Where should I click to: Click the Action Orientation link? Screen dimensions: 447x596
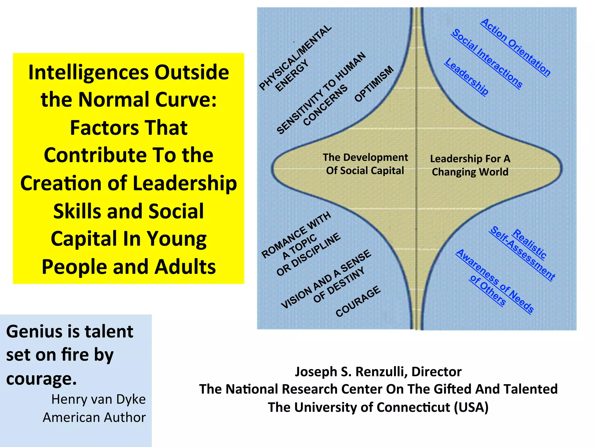click(515, 47)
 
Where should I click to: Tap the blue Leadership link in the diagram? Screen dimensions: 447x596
click(466, 76)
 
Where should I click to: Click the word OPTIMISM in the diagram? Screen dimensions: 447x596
click(374, 84)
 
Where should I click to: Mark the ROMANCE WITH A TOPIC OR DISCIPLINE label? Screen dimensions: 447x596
click(300, 243)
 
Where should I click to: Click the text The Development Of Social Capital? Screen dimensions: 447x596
click(365, 164)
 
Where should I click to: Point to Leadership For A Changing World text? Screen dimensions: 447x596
click(470, 165)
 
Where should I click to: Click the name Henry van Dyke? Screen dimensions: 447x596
click(98, 399)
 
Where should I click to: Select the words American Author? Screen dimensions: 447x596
click(94, 417)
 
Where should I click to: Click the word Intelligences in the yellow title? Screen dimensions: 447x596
click(89, 72)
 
